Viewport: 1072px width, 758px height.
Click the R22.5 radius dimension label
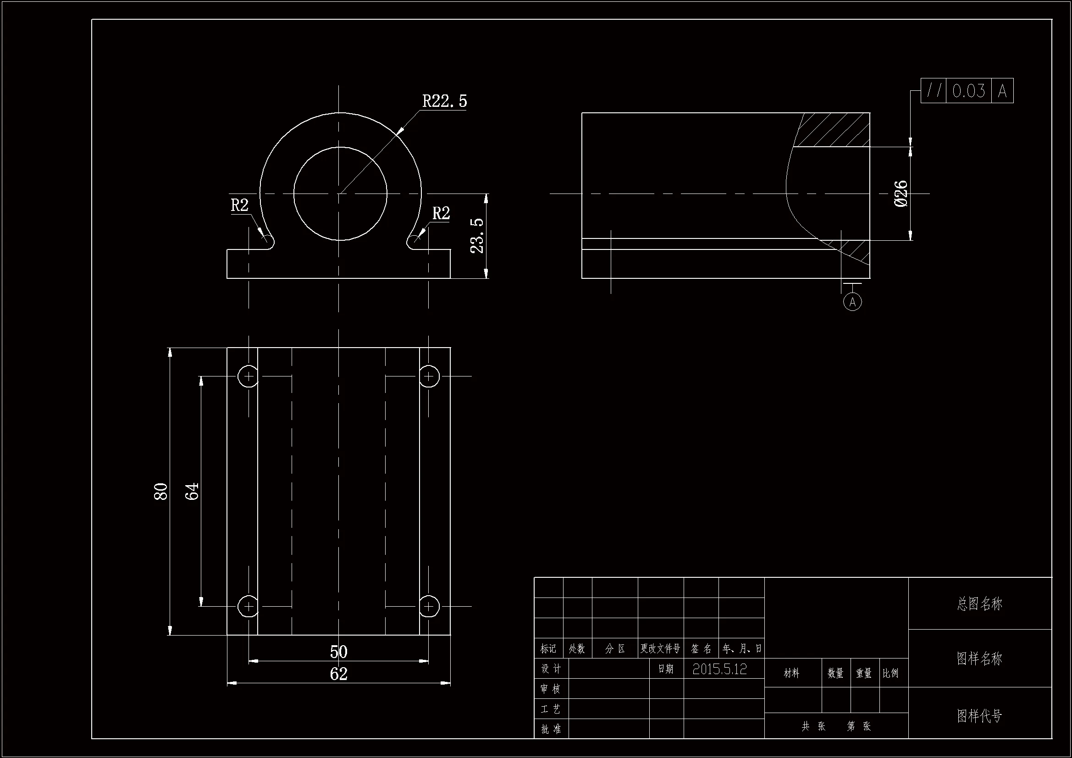click(x=444, y=101)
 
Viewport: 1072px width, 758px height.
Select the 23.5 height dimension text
click(x=477, y=236)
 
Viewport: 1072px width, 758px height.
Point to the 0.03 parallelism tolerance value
click(x=969, y=91)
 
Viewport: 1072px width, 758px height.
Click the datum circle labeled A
click(x=852, y=302)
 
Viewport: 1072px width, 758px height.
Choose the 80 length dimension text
click(x=160, y=491)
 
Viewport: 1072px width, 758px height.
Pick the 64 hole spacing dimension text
click(x=192, y=491)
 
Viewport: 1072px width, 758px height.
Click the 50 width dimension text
click(x=338, y=652)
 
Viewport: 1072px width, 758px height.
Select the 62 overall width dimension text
click(x=338, y=674)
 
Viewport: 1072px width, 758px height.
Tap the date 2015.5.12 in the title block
click(x=719, y=669)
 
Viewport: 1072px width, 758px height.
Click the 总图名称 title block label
click(x=979, y=604)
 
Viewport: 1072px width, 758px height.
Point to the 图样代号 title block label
click(x=979, y=715)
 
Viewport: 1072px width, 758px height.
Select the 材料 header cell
click(x=791, y=673)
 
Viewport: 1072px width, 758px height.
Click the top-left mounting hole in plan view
click(x=249, y=376)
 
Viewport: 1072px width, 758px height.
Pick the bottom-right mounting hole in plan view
click(x=429, y=606)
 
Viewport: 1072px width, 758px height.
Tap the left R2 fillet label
click(x=239, y=205)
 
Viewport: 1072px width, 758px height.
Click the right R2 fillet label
click(x=441, y=213)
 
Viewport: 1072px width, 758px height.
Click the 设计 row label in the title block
click(x=551, y=669)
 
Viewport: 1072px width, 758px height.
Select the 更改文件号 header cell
click(x=660, y=648)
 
